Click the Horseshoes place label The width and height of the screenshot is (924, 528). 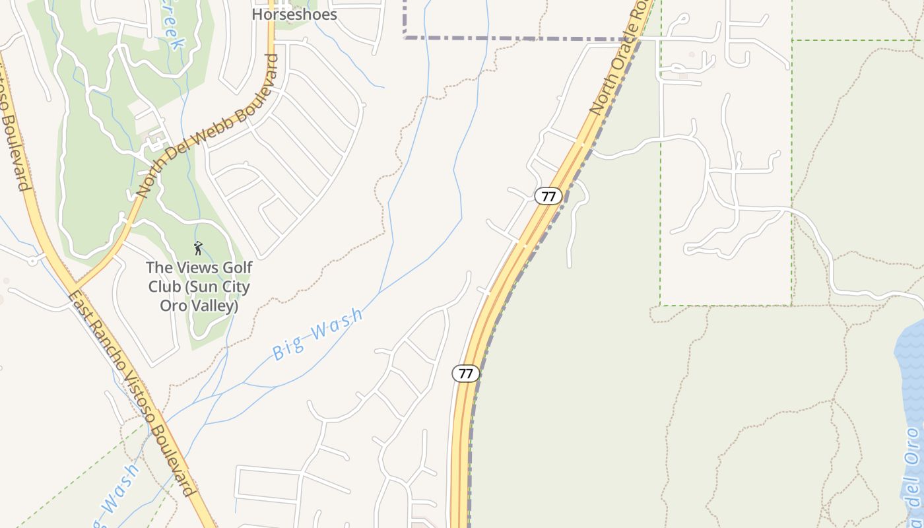tap(294, 15)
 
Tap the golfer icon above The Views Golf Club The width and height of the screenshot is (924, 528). tap(198, 248)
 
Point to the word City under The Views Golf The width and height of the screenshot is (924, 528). tap(234, 287)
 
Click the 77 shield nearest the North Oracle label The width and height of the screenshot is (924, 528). tap(548, 196)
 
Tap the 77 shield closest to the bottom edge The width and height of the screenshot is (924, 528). tap(465, 374)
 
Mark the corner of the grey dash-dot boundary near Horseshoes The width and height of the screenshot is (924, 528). tap(405, 38)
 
